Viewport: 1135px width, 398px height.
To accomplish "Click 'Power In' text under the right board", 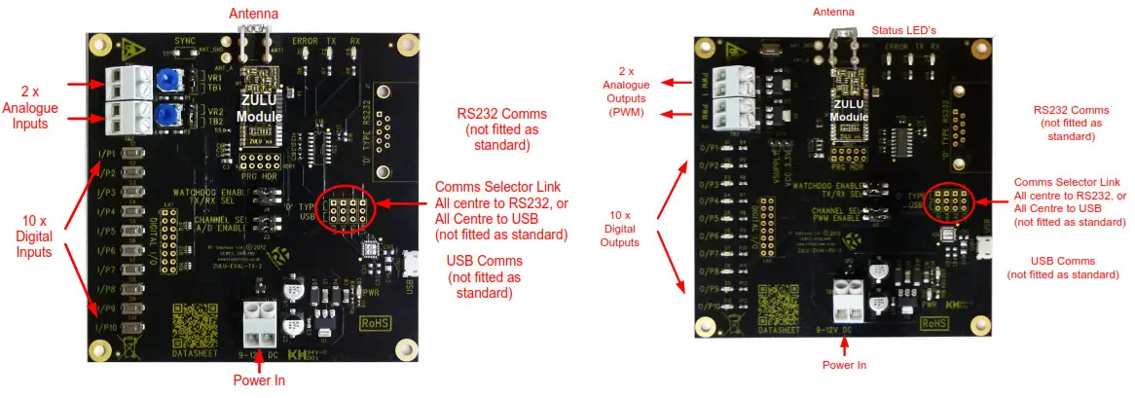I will tap(844, 364).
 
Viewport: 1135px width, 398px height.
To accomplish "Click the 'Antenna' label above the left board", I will tap(251, 14).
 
